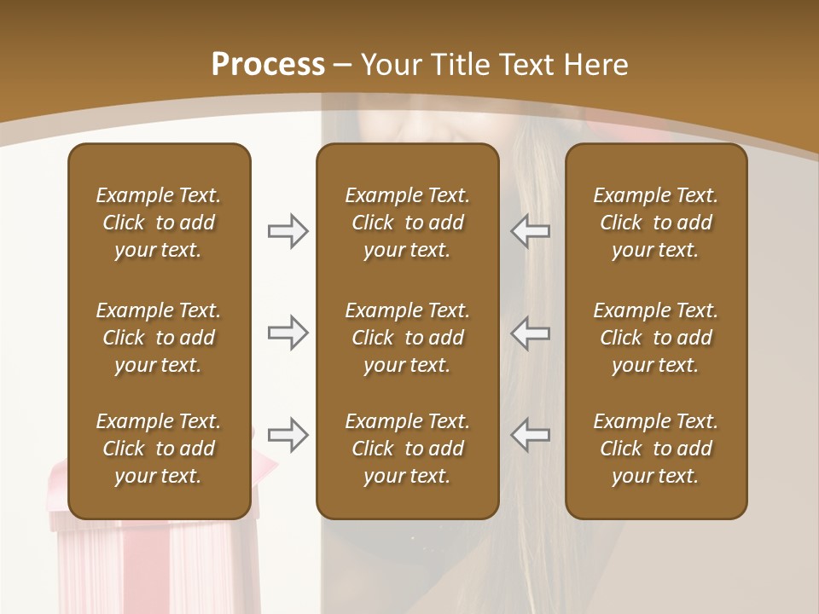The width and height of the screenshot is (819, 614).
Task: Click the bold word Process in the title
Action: [268, 64]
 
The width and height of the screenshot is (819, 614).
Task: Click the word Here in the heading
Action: [594, 64]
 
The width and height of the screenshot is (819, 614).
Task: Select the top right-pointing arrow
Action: [288, 231]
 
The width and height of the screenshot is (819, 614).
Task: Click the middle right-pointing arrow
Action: [288, 333]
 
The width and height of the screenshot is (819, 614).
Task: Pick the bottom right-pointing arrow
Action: [288, 435]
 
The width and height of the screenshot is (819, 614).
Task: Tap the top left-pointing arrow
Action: [530, 231]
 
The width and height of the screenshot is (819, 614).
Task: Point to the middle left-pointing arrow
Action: [530, 333]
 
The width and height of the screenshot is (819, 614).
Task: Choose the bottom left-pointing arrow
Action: [530, 435]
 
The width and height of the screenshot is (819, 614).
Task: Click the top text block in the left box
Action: [159, 223]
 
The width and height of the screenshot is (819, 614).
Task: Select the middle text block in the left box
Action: [159, 338]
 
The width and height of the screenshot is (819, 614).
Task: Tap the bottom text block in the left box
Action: [159, 449]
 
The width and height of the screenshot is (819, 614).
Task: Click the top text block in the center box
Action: [407, 223]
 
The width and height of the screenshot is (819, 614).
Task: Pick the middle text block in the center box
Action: [407, 338]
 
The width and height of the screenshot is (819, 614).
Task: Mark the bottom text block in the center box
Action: [407, 449]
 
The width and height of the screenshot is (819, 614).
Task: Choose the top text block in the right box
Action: [655, 223]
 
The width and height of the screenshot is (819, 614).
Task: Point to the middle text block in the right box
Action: [655, 338]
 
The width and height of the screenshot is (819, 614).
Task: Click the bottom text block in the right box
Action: [655, 449]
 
